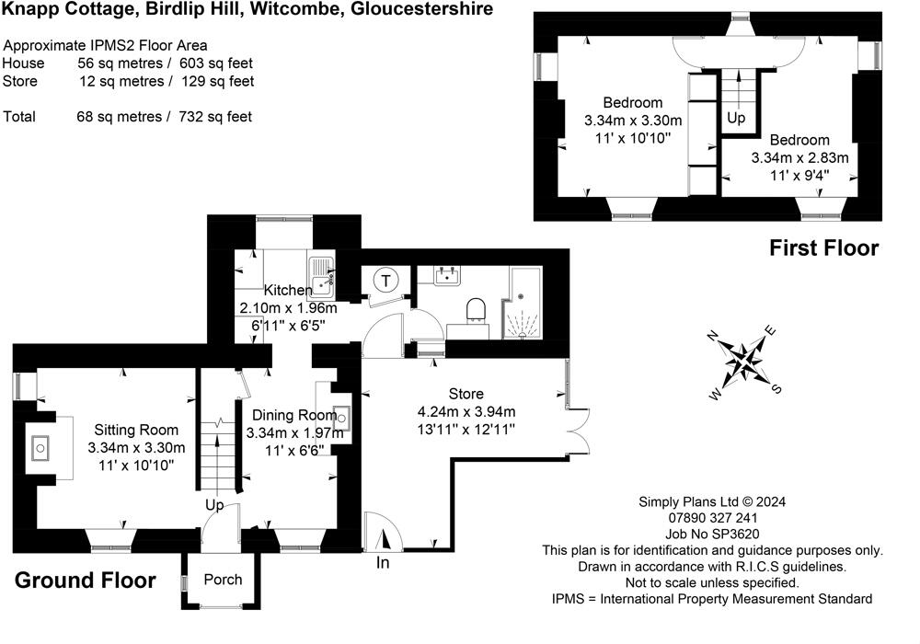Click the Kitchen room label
pos(288,291)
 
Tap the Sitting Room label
pos(136,430)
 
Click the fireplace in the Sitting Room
pos(41,449)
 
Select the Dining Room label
pos(290,415)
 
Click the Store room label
pos(465,394)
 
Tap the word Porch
pos(223,580)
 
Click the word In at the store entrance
pos(384,563)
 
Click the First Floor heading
pos(823,247)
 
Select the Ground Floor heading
pos(86,581)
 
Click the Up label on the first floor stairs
pos(736,119)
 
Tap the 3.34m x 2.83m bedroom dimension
pos(799,158)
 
